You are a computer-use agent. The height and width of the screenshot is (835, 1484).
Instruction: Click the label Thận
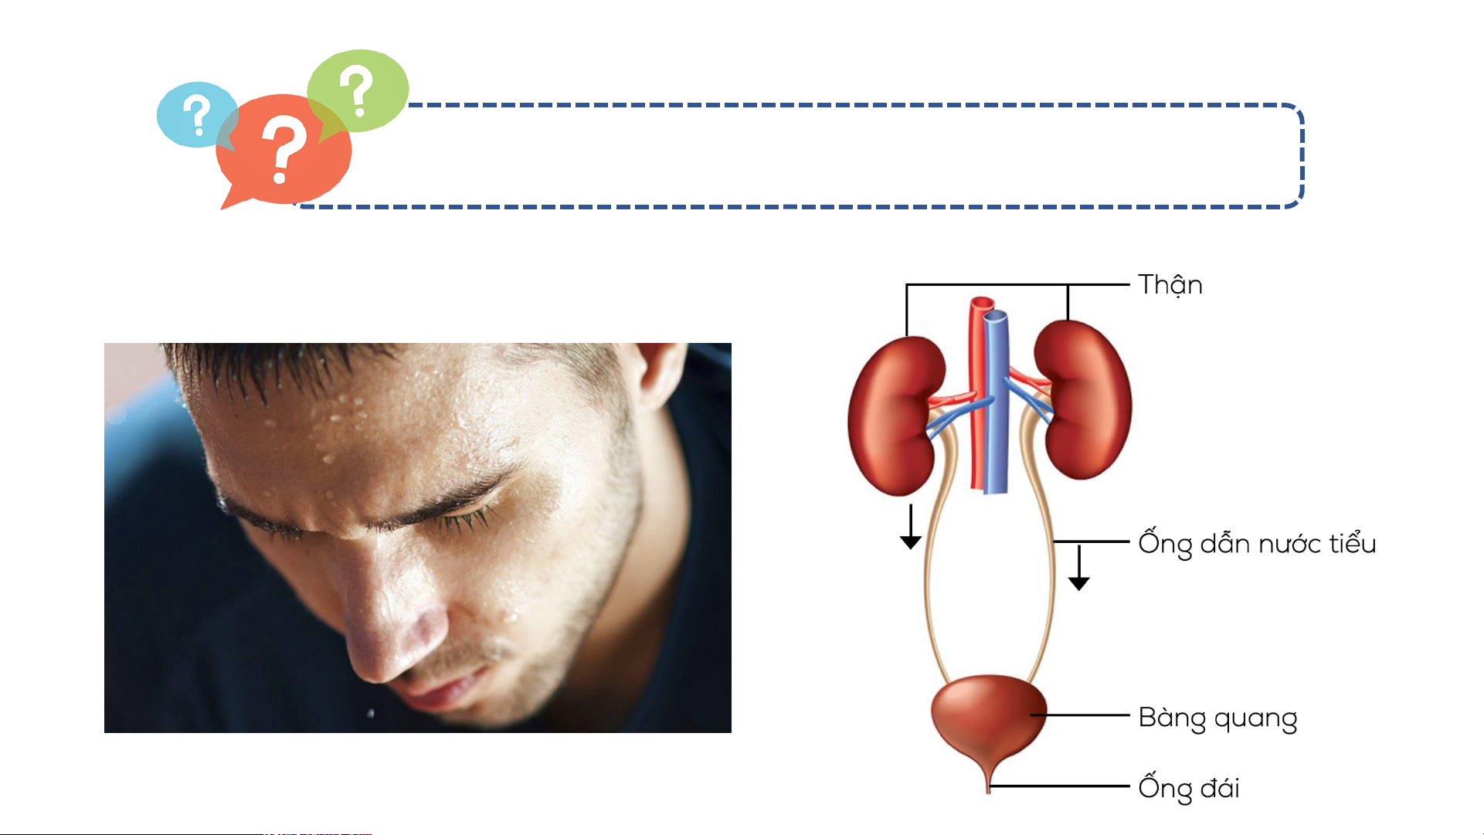click(1170, 285)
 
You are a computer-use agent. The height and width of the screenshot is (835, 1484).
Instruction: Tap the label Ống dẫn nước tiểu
click(1258, 544)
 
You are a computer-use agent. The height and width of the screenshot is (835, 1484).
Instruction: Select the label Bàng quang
click(1218, 718)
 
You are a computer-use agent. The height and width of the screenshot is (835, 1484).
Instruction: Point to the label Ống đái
click(1190, 787)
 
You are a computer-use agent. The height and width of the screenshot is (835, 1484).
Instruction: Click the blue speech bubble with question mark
click(196, 115)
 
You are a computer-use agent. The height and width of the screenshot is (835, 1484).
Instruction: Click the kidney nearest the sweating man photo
click(896, 416)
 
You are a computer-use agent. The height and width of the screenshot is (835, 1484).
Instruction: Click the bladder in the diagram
click(989, 718)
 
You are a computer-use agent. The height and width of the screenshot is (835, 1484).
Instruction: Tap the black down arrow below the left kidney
click(911, 527)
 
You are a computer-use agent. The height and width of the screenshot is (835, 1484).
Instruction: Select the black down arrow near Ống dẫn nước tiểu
click(1079, 568)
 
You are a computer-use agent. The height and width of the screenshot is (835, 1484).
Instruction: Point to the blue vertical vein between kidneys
click(996, 402)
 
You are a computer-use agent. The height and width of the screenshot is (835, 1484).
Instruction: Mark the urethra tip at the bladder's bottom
click(988, 791)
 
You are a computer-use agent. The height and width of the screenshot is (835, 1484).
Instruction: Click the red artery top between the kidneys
click(982, 304)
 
